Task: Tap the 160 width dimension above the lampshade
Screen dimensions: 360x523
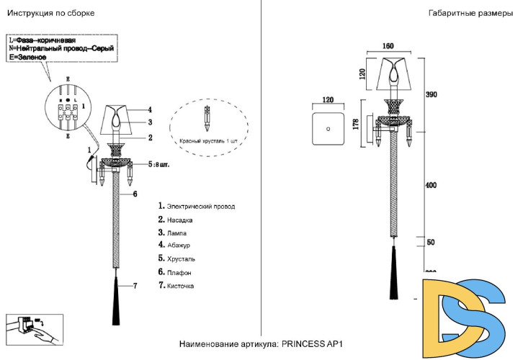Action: (x=388, y=46)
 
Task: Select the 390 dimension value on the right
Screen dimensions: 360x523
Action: (x=432, y=95)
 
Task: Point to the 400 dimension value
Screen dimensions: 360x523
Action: (x=432, y=185)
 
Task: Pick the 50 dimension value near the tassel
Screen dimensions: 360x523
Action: (x=431, y=243)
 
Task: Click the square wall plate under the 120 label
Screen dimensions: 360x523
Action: (x=328, y=129)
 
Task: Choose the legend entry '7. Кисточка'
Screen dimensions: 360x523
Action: (x=176, y=286)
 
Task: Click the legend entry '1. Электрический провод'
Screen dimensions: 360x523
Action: (x=197, y=206)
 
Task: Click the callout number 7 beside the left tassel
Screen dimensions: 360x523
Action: (x=133, y=286)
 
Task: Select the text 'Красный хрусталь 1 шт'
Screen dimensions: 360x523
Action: (x=208, y=141)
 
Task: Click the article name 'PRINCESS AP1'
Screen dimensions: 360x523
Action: (x=316, y=344)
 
